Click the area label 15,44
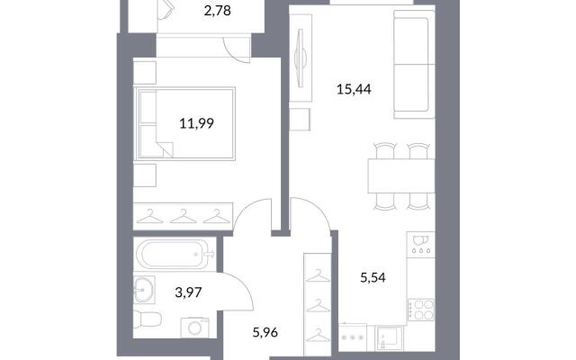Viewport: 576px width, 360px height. click(x=354, y=89)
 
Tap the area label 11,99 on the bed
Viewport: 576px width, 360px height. click(x=196, y=123)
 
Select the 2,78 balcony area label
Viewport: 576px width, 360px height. click(x=218, y=11)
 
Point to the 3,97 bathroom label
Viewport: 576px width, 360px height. click(x=188, y=292)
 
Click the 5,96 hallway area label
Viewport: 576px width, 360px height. click(x=265, y=333)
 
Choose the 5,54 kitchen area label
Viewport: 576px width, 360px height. click(x=373, y=278)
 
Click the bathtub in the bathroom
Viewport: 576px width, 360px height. click(x=175, y=254)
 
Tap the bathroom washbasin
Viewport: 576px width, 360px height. click(x=144, y=290)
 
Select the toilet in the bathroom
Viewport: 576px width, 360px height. click(x=147, y=319)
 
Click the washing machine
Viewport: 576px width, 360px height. click(x=194, y=328)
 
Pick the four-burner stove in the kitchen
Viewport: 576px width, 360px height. click(x=421, y=310)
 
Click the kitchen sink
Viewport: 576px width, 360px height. click(x=390, y=337)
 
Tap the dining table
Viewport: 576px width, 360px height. click(x=401, y=175)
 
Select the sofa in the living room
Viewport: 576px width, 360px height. click(x=414, y=64)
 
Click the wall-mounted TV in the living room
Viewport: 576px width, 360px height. click(x=301, y=58)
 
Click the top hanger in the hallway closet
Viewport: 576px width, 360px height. click(x=318, y=275)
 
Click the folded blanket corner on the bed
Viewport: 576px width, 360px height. click(x=166, y=148)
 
